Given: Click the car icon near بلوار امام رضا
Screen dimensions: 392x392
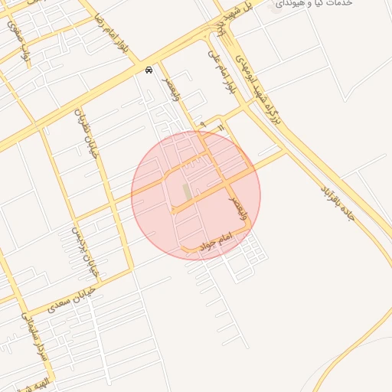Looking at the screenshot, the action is tap(149, 70).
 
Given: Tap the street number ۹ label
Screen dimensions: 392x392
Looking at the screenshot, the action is tap(202, 122).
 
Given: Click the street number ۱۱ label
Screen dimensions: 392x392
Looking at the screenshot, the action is tap(220, 126).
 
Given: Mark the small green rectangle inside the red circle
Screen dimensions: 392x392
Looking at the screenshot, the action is tap(188, 191).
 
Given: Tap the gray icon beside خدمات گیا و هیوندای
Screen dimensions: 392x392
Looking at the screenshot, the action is tap(276, 8).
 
